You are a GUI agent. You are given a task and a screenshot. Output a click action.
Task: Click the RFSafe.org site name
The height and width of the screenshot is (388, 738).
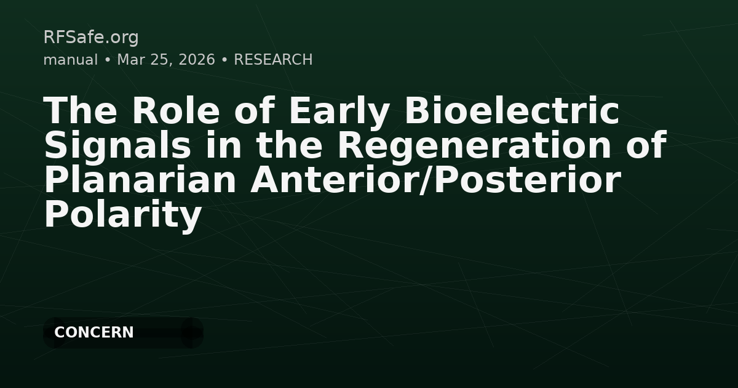[x=91, y=38]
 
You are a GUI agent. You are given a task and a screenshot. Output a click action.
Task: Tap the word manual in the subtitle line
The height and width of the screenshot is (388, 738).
[x=70, y=60]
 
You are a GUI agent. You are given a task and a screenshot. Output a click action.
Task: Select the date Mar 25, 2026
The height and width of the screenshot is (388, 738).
[x=166, y=60]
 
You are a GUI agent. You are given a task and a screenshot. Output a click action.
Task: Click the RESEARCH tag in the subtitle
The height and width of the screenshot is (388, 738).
[x=273, y=60]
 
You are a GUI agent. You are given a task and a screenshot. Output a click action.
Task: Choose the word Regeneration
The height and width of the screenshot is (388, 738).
[x=474, y=146]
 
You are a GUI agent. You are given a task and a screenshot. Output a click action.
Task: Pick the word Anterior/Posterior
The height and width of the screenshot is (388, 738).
[x=435, y=180]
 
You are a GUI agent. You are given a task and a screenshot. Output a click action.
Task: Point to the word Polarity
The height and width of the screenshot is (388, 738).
[x=123, y=215]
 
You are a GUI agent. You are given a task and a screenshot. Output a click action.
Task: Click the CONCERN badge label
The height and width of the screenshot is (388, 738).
[x=94, y=333]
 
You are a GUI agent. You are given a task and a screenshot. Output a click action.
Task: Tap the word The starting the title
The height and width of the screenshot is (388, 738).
[x=81, y=111]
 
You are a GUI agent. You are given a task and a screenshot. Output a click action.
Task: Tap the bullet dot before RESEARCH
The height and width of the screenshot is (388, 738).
[x=224, y=60]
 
